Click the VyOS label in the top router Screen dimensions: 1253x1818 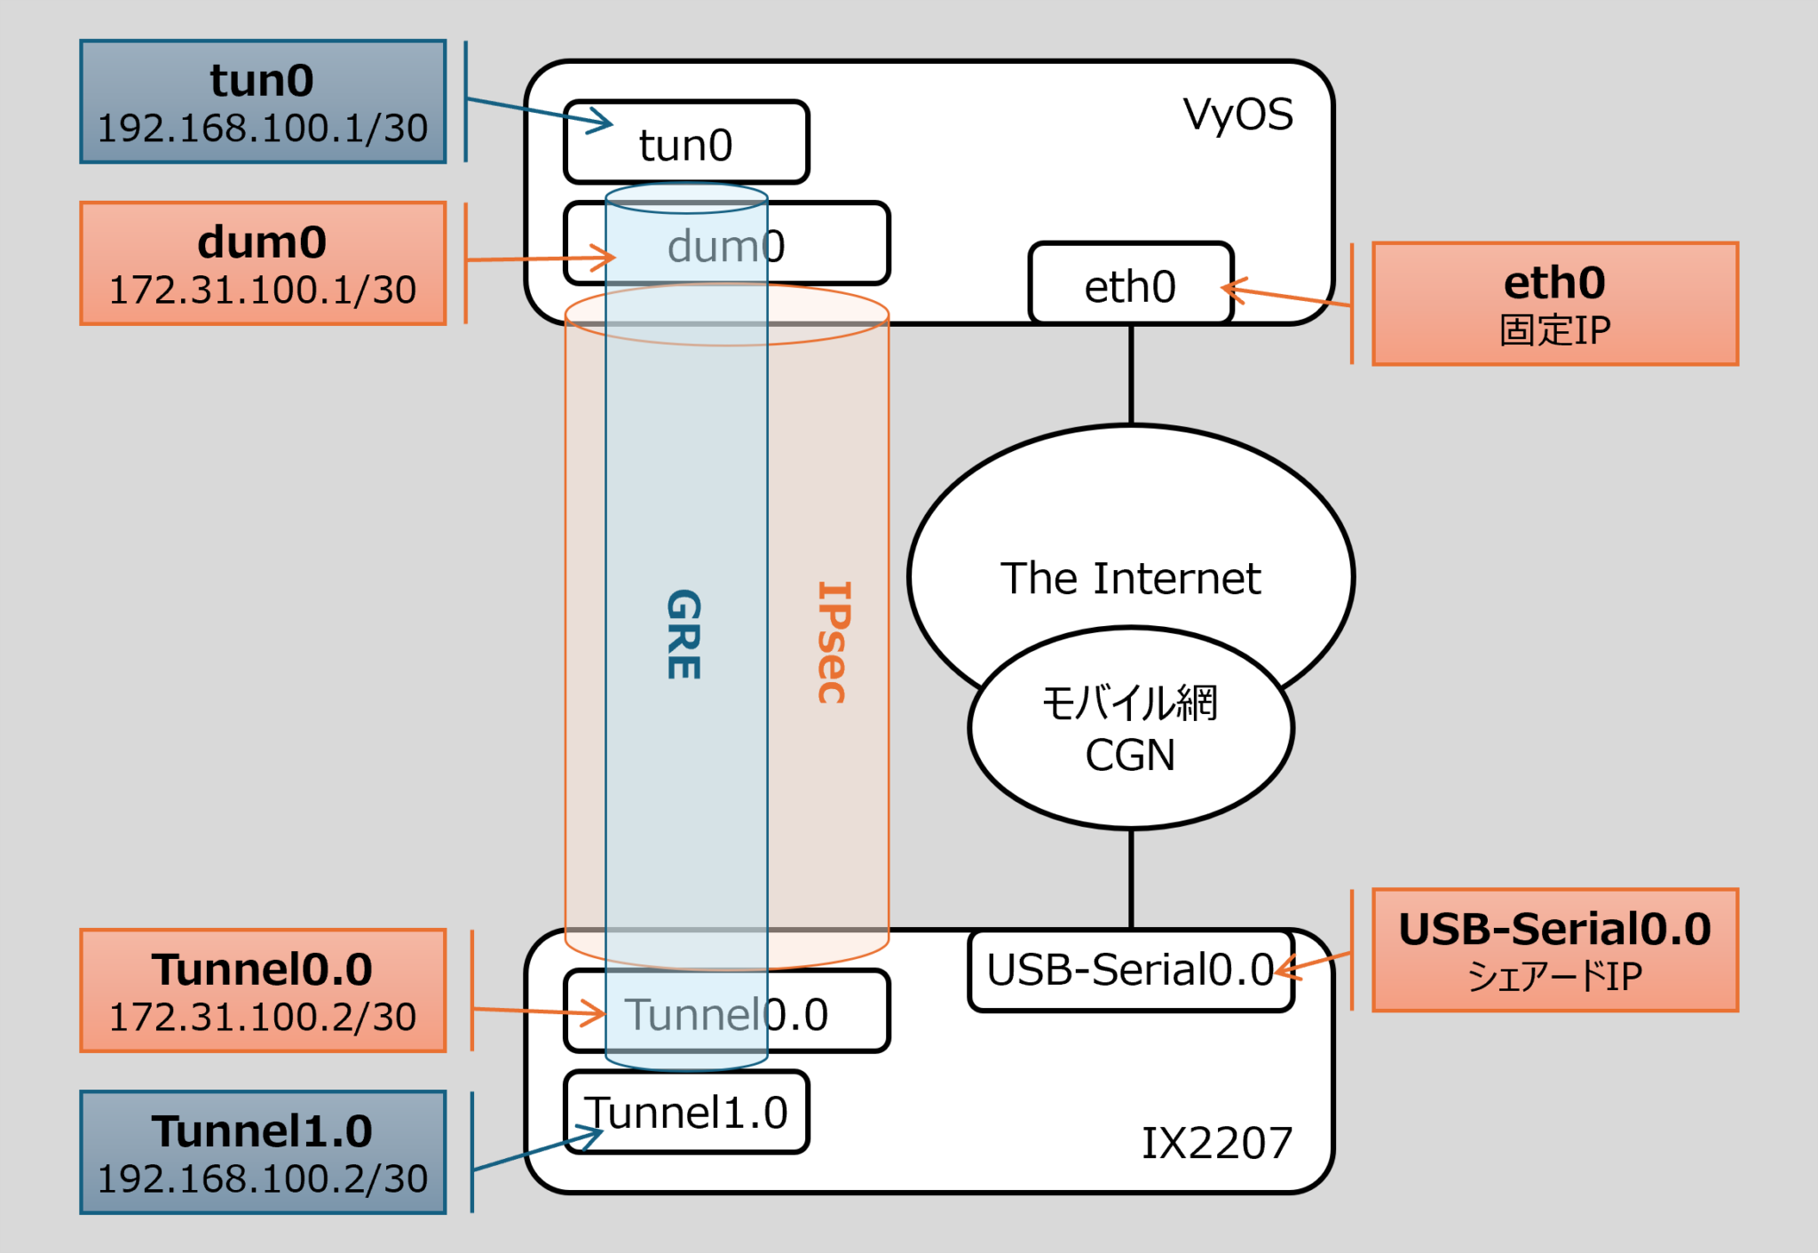tap(1237, 115)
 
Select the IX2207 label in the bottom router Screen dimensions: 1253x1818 tap(1216, 1143)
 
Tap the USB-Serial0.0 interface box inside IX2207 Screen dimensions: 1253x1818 tap(1129, 970)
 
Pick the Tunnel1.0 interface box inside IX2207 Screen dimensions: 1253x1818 tap(686, 1113)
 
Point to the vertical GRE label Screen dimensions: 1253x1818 tap(684, 634)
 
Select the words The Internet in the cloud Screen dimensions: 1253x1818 tap(1130, 578)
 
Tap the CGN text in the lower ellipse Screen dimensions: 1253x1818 tap(1130, 756)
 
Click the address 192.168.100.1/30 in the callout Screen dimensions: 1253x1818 tap(263, 129)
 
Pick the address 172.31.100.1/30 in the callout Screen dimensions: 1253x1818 tap(263, 290)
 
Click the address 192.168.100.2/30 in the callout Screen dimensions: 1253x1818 tap(263, 1179)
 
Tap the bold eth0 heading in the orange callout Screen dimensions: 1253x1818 tap(1554, 283)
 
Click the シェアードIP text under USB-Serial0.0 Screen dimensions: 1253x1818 tap(1554, 977)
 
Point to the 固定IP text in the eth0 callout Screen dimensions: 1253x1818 tap(1554, 330)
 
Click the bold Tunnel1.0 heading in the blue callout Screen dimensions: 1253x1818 tap(263, 1131)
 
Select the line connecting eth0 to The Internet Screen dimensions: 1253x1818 tap(1131, 373)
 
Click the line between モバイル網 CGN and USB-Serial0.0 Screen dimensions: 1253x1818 tap(1131, 879)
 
